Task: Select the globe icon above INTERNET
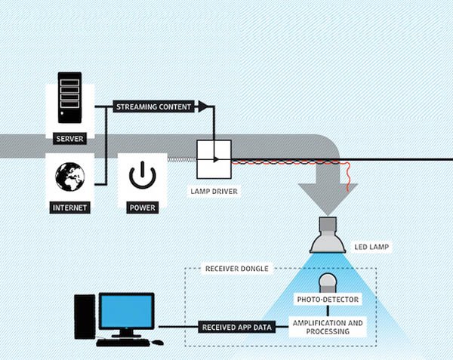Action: [x=69, y=176]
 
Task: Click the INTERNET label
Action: [x=69, y=207]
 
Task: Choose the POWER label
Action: [x=140, y=207]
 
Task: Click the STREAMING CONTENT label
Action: [x=154, y=107]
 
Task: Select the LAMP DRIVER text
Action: [x=214, y=192]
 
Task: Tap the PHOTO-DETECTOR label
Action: [x=328, y=300]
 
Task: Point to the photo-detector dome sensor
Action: [x=328, y=284]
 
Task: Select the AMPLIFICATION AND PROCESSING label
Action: [x=328, y=327]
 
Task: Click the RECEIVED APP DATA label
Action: [x=236, y=328]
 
